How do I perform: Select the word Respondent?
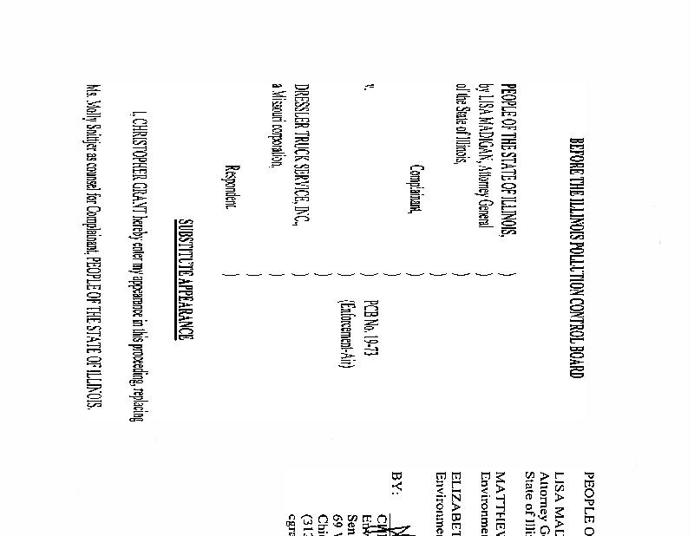pyautogui.click(x=230, y=186)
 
